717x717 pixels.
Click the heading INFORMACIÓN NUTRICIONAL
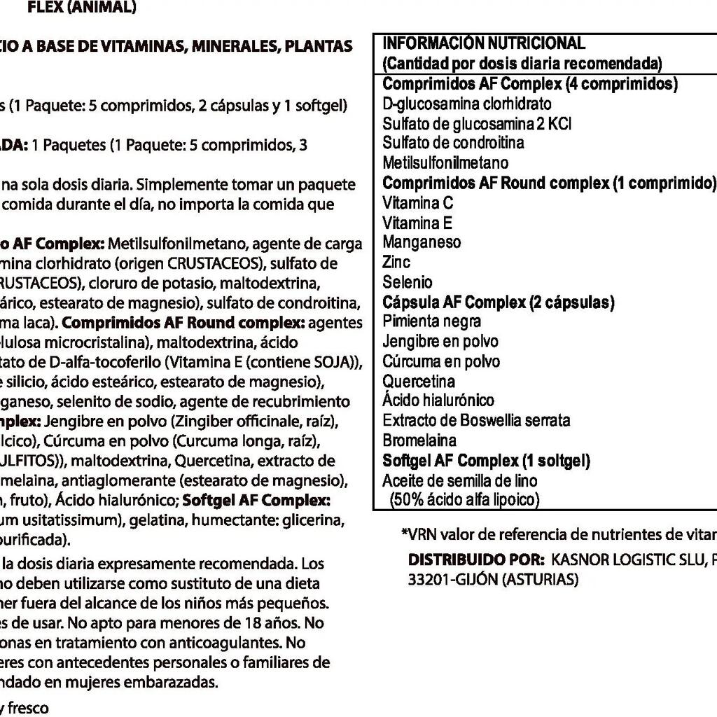point(484,43)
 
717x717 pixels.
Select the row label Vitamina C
point(418,203)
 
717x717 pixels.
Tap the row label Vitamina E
point(417,223)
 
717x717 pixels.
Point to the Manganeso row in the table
point(422,242)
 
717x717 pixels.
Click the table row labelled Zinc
point(396,263)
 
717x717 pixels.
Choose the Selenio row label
point(408,282)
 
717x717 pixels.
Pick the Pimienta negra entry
point(431,321)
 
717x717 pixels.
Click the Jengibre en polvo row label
point(440,342)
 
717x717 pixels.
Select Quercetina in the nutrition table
point(419,382)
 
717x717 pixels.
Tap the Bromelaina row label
point(419,440)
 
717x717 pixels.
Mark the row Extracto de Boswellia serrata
point(476,421)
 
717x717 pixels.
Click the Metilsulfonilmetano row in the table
point(445,163)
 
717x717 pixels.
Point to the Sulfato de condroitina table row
point(453,143)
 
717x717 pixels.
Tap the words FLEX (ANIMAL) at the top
point(82,8)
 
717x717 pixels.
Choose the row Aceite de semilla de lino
point(460,481)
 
